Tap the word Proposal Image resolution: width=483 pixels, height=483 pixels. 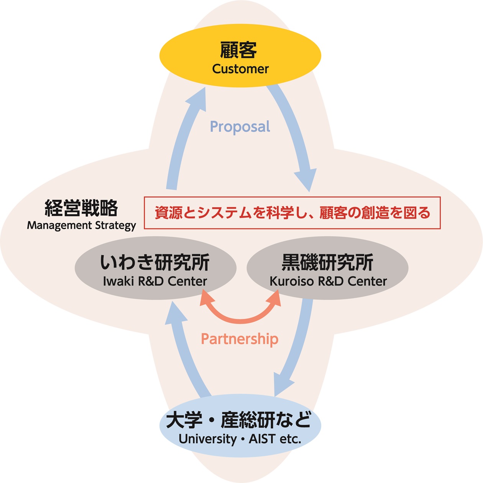240,127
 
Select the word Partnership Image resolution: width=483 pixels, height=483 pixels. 240,339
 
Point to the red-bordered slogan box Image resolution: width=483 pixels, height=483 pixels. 292,213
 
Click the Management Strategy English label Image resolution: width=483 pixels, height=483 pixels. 81,225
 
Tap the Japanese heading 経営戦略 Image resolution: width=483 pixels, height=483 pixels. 81,209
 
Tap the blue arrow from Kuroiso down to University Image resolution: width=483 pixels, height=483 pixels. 297,345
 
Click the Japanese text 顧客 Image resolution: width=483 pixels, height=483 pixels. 238,50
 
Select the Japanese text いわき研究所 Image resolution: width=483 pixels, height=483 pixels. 155,263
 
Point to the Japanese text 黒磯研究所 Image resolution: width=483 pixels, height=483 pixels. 327,263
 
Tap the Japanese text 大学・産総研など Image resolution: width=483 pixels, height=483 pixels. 239,420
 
